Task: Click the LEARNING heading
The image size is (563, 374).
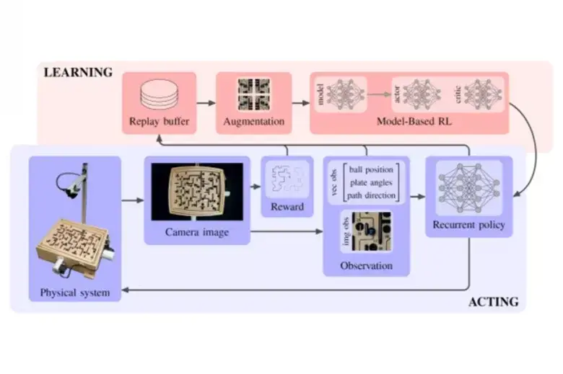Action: [x=78, y=72]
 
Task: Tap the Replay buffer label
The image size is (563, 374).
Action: [x=160, y=121]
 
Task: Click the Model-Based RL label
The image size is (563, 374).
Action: [x=414, y=121]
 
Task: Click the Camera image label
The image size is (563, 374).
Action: [x=196, y=231]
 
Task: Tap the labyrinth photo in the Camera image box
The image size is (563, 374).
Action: [x=196, y=191]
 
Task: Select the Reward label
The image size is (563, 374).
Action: [x=287, y=208]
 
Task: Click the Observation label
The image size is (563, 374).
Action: [x=366, y=266]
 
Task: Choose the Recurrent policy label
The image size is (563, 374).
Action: [x=469, y=226]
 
